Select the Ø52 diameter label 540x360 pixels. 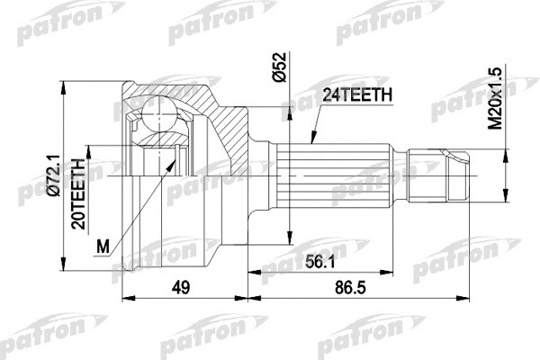(x=280, y=69)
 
